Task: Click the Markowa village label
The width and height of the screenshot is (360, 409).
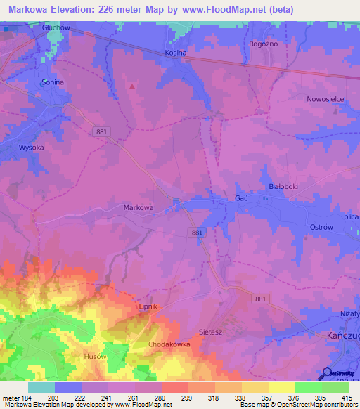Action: pyautogui.click(x=138, y=207)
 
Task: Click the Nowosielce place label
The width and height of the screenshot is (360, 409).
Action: pyautogui.click(x=325, y=99)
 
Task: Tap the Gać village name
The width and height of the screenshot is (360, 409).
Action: pyautogui.click(x=240, y=199)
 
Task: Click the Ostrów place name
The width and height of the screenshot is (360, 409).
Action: pyautogui.click(x=321, y=227)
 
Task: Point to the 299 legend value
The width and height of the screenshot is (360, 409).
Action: pyautogui.click(x=188, y=398)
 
